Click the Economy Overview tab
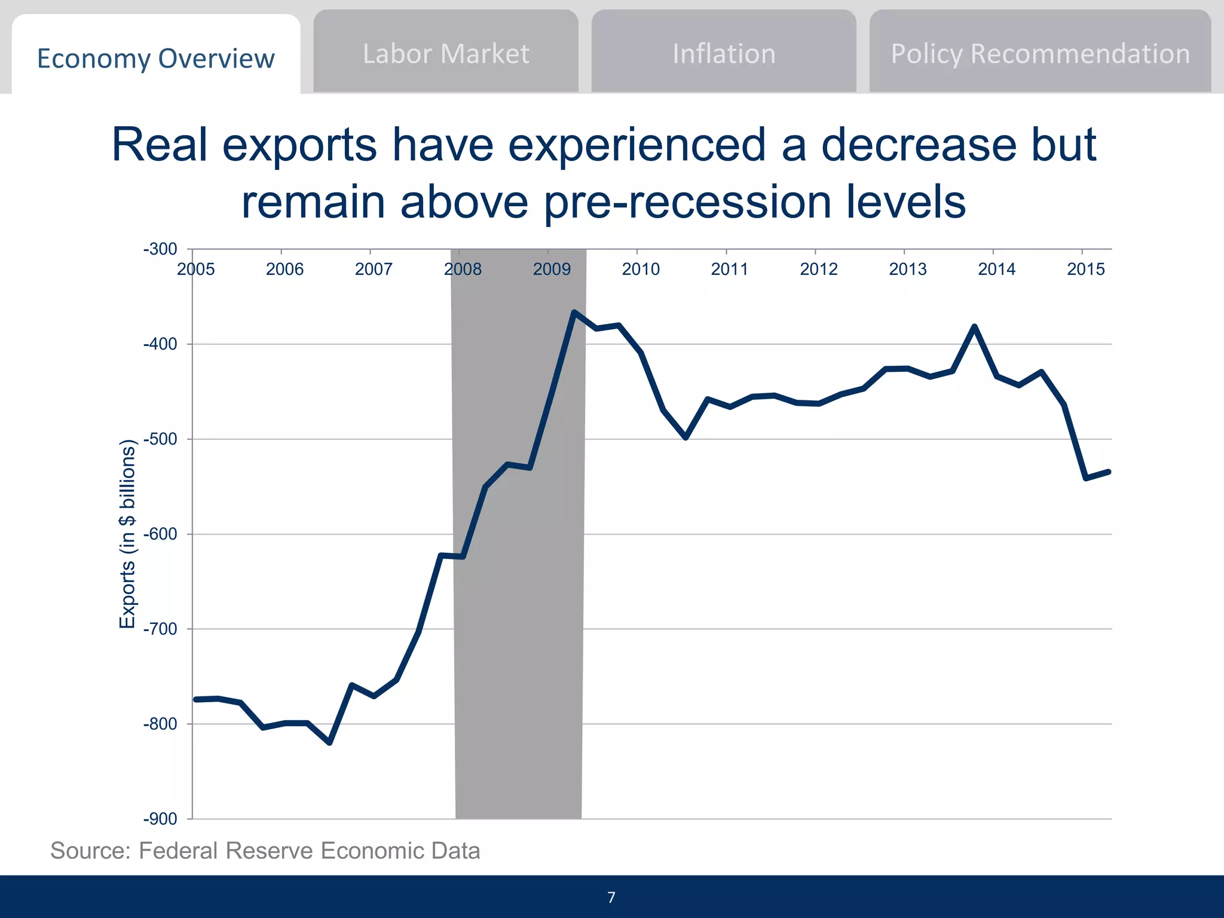click(155, 59)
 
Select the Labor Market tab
click(446, 54)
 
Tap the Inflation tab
click(724, 54)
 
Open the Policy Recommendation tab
click(1040, 54)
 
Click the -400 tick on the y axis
click(160, 344)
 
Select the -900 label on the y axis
click(160, 819)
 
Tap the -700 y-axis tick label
click(160, 629)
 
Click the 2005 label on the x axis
click(195, 269)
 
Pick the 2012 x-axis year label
click(818, 269)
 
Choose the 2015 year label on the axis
click(1085, 269)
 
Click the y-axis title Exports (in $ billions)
click(127, 534)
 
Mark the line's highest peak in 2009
click(574, 312)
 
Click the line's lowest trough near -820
click(330, 743)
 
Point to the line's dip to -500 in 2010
click(686, 437)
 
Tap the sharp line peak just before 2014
click(974, 326)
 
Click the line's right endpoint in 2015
click(1109, 472)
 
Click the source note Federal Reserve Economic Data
click(265, 850)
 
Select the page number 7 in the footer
click(611, 897)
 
